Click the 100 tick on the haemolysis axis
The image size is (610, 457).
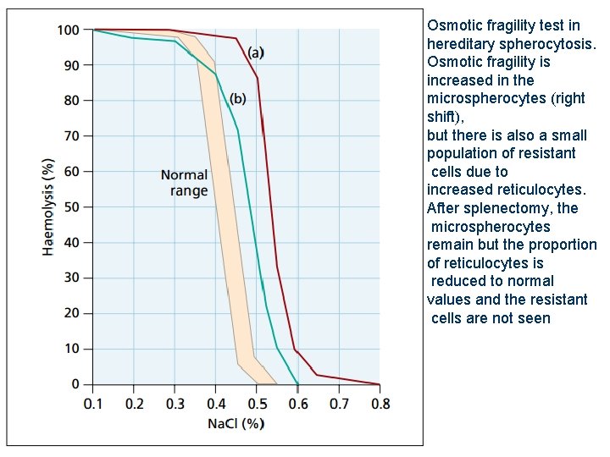[x=69, y=30]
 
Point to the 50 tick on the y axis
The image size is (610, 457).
[x=72, y=207]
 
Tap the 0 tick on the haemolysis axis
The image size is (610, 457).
[x=75, y=384]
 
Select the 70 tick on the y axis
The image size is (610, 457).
[x=72, y=136]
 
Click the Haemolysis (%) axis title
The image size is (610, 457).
[x=49, y=206]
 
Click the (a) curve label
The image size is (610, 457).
[x=254, y=52]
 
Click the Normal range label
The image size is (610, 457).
[x=185, y=183]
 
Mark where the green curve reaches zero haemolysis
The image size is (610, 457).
[x=297, y=383]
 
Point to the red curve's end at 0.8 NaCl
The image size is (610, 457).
[x=379, y=383]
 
